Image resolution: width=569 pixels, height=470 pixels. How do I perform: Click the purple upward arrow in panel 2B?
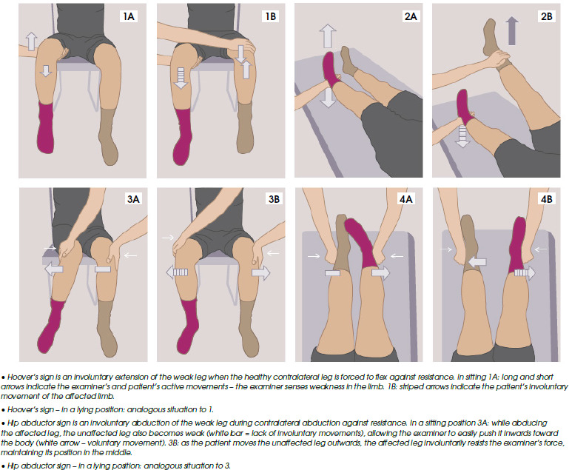click(x=511, y=31)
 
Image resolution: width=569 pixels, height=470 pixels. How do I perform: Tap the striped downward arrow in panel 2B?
click(x=463, y=135)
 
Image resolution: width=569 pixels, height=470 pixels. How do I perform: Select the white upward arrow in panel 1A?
click(x=31, y=40)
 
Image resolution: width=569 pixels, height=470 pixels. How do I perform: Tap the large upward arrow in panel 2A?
click(x=328, y=37)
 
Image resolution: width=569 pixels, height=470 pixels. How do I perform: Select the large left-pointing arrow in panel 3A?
click(x=53, y=270)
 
